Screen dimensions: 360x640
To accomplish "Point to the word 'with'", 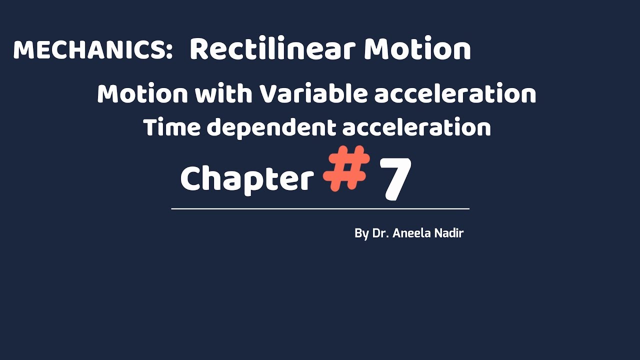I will click(224, 94).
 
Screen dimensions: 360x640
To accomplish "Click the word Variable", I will click(312, 94).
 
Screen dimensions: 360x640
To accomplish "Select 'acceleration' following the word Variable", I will click(455, 94).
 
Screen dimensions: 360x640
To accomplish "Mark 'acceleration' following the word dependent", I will click(416, 127).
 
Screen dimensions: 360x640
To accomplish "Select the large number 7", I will click(396, 178).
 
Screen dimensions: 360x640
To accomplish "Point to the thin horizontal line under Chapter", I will click(320, 208).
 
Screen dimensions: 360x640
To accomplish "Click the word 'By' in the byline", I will click(361, 233).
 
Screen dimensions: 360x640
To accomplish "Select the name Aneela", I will click(412, 233).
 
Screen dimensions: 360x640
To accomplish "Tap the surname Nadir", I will click(449, 233).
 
